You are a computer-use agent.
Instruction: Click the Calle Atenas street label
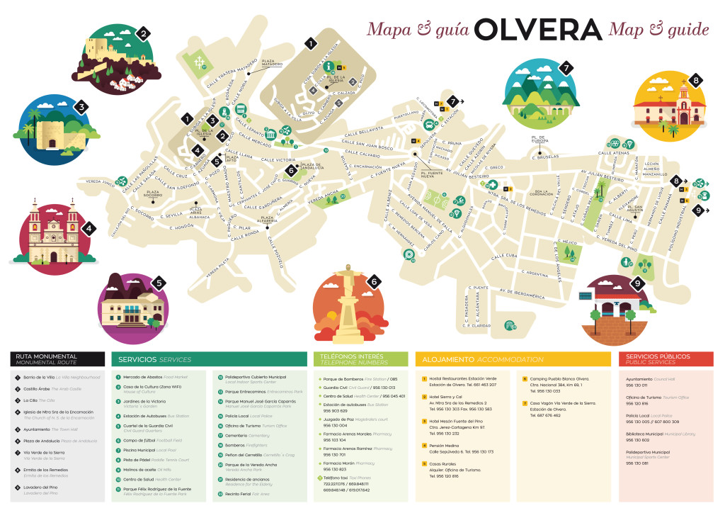[613, 152]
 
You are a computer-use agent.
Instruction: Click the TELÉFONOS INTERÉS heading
[352, 359]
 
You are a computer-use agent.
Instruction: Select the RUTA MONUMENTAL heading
[46, 359]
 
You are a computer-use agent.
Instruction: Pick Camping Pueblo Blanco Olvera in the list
[559, 379]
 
